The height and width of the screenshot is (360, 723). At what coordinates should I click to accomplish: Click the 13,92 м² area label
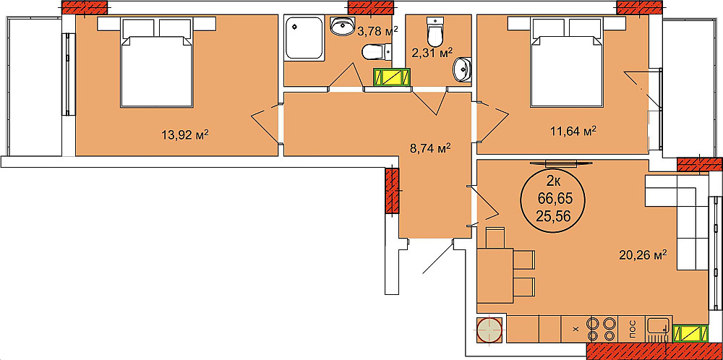tap(187, 135)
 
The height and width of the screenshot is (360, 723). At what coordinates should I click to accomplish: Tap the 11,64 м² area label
tap(574, 132)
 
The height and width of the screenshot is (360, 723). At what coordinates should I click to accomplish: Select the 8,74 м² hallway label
tap(429, 149)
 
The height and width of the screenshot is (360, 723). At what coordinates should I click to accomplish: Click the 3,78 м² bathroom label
tap(377, 31)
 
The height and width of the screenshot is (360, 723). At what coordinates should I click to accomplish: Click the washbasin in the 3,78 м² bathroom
tap(342, 26)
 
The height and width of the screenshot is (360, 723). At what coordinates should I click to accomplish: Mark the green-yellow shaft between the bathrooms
tap(392, 77)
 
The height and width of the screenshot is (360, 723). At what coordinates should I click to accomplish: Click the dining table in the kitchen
tap(495, 275)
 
